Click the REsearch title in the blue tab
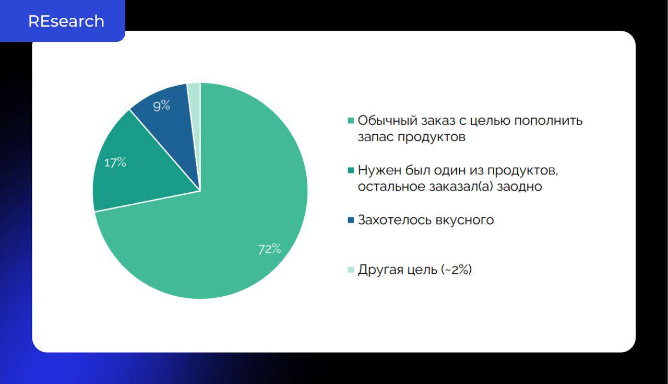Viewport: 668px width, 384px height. (x=66, y=21)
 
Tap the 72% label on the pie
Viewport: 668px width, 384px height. (x=270, y=249)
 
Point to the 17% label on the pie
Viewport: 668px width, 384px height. (x=115, y=162)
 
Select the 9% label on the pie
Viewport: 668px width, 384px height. (x=162, y=106)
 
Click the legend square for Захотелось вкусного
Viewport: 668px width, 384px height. (x=351, y=220)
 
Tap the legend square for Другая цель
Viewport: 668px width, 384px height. (x=351, y=270)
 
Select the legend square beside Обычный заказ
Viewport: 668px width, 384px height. (x=351, y=121)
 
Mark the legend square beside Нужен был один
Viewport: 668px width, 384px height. (x=351, y=170)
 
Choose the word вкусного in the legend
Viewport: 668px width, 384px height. (x=464, y=220)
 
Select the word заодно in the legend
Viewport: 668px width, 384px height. (x=519, y=187)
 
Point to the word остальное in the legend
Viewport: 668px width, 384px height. (x=391, y=187)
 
